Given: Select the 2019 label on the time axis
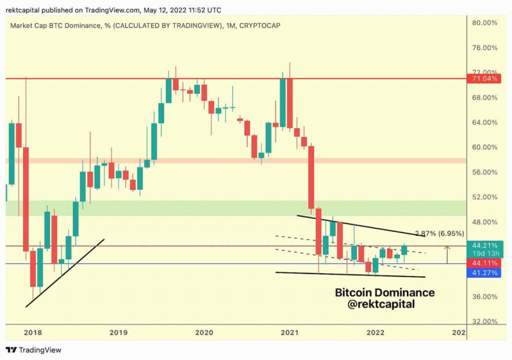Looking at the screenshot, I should (118, 333).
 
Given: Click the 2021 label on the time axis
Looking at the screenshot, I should (289, 333).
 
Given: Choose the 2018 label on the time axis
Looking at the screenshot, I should (32, 333).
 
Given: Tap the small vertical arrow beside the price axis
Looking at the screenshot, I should (447, 254).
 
